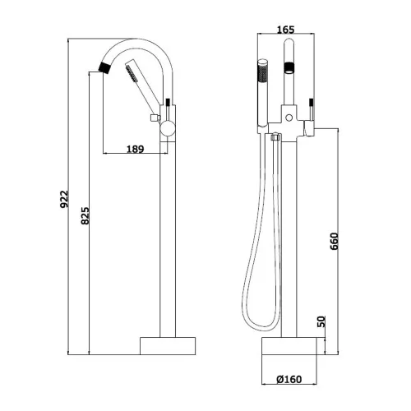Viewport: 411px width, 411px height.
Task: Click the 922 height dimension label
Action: coord(64,199)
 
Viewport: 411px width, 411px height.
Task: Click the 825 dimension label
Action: coord(85,216)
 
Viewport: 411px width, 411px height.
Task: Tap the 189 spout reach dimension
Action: coord(136,149)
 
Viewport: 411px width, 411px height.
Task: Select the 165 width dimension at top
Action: coord(285,30)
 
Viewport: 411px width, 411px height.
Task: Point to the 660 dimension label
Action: coord(335,242)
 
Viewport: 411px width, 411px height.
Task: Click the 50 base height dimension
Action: coord(321,321)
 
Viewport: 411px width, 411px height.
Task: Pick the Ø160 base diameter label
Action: coord(289,380)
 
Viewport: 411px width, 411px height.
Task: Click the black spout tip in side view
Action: coord(104,67)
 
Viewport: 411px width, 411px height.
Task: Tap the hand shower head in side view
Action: coord(132,70)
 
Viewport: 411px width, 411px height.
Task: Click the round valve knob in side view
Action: coord(168,129)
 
